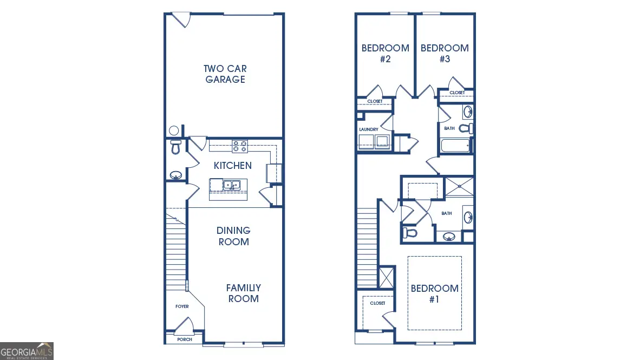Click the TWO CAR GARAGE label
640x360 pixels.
coord(225,74)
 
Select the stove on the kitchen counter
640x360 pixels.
coord(240,146)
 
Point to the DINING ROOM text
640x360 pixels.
coord(234,236)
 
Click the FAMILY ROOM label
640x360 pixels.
coord(243,293)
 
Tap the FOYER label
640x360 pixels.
coord(182,306)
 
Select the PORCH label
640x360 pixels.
coord(184,340)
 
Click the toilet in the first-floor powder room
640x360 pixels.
coord(175,147)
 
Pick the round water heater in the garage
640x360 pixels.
coord(174,130)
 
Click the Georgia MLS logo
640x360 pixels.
coord(27,351)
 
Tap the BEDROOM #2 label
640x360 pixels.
coord(385,54)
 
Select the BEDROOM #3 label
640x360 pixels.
coord(445,54)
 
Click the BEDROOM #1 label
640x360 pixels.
coord(434,293)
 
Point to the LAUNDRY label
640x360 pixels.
coord(368,129)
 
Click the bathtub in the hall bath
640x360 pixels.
coord(455,146)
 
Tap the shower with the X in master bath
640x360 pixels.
coord(458,186)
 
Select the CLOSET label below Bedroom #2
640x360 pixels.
coord(375,101)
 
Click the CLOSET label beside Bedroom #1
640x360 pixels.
coord(377,303)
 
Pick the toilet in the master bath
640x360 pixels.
coord(410,233)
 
